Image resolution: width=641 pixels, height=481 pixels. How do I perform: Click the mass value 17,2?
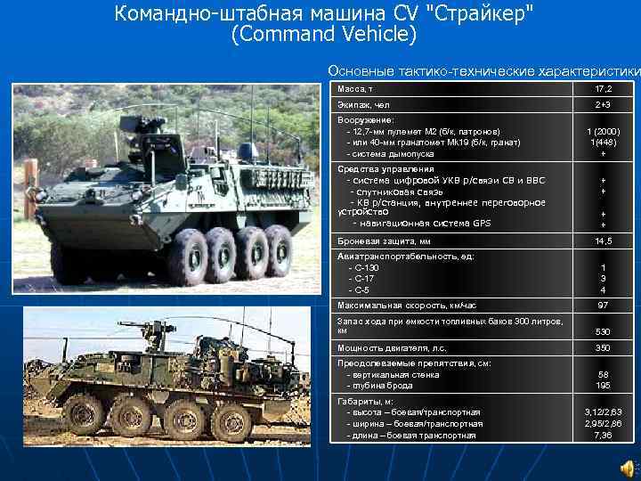point(603,89)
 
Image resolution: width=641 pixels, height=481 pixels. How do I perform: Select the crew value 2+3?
point(603,105)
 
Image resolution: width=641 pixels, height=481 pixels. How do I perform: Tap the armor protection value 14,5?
point(603,241)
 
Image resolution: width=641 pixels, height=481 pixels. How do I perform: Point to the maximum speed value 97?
point(603,306)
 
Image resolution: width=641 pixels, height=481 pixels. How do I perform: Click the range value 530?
point(603,331)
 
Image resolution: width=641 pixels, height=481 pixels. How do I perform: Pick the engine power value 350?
point(603,347)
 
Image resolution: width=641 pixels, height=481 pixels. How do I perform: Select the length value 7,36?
point(603,436)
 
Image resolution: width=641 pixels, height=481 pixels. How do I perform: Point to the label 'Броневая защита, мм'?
point(384,241)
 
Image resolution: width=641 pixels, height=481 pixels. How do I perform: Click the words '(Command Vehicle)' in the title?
point(323,36)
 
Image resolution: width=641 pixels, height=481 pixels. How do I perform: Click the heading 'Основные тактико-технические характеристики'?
point(483,70)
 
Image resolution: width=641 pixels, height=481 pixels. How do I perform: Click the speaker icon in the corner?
point(629,469)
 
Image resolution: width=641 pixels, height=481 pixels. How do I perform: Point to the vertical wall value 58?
point(603,374)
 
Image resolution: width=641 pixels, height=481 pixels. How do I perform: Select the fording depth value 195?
point(603,386)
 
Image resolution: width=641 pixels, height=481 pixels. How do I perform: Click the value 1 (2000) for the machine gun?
point(603,131)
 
